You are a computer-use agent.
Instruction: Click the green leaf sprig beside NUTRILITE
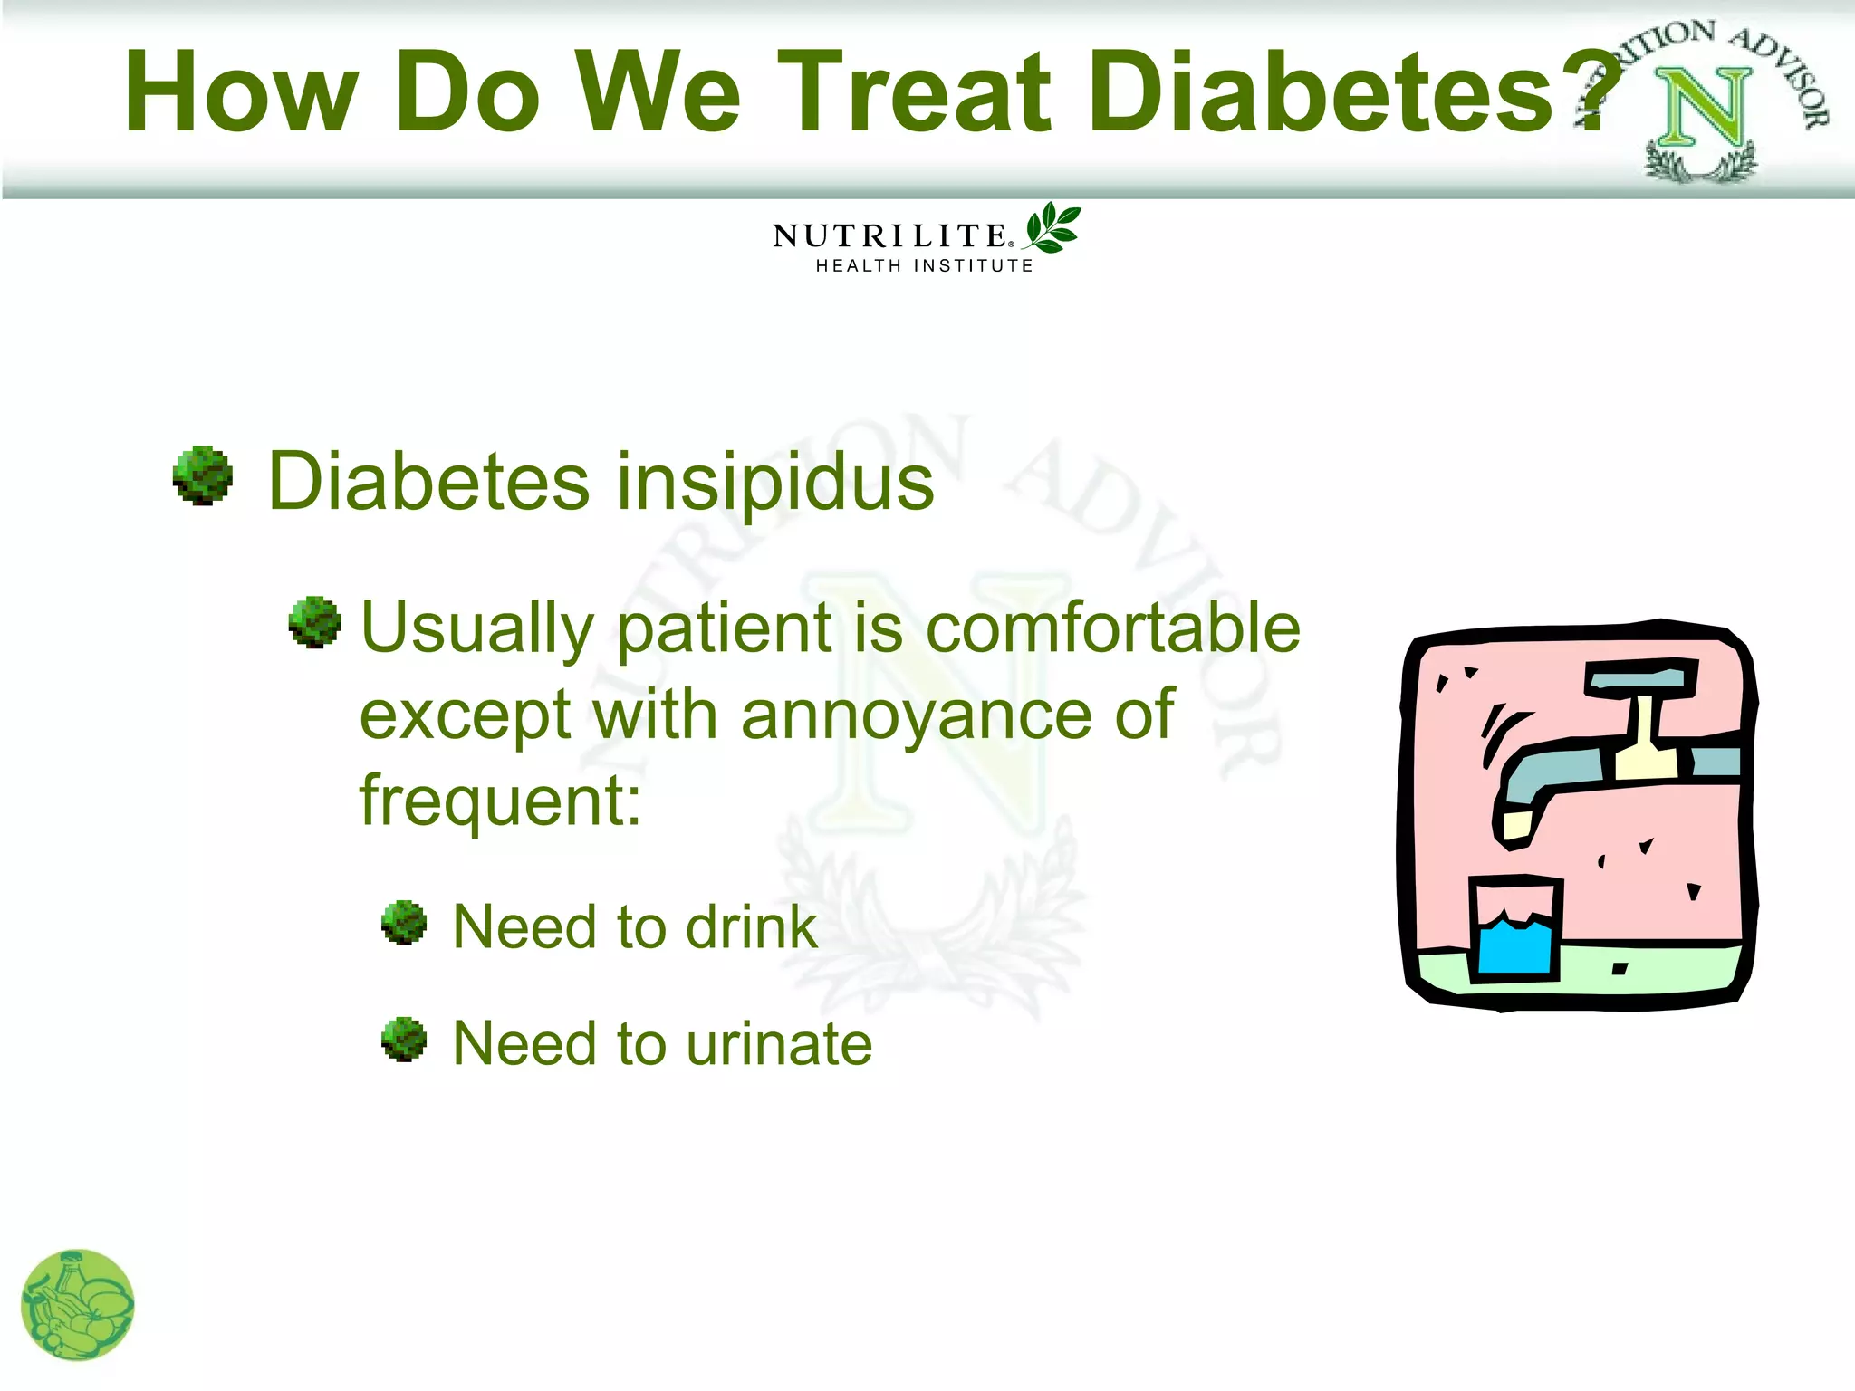point(1052,227)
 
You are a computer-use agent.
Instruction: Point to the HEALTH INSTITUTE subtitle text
point(924,266)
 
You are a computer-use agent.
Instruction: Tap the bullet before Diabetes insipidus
point(203,475)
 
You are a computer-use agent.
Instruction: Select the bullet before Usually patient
point(314,621)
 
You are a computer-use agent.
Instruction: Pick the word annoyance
point(917,715)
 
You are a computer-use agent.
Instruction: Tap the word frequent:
point(500,801)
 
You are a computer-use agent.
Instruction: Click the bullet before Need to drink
point(404,923)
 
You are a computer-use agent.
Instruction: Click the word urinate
point(778,1043)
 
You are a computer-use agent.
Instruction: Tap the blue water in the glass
point(1514,946)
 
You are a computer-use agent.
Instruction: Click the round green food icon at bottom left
point(78,1305)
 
